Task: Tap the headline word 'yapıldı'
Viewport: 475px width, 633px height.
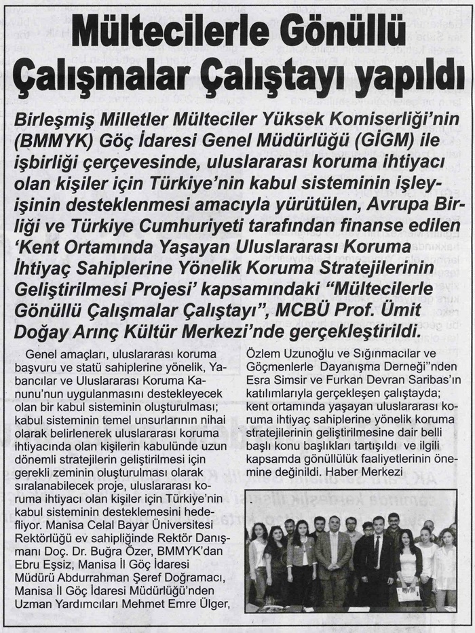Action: (400, 76)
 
